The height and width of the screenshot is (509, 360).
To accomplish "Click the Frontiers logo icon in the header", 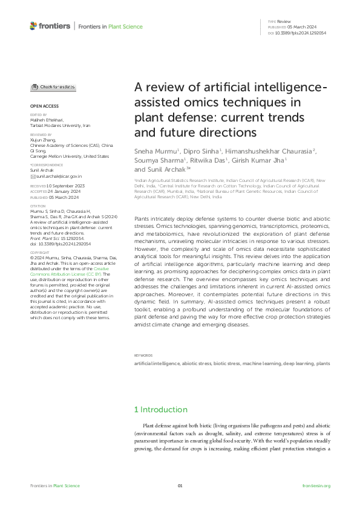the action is click(x=33, y=26).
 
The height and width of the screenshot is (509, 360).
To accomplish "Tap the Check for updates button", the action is click(x=54, y=87).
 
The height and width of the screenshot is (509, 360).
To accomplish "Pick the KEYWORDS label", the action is click(x=143, y=355).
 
